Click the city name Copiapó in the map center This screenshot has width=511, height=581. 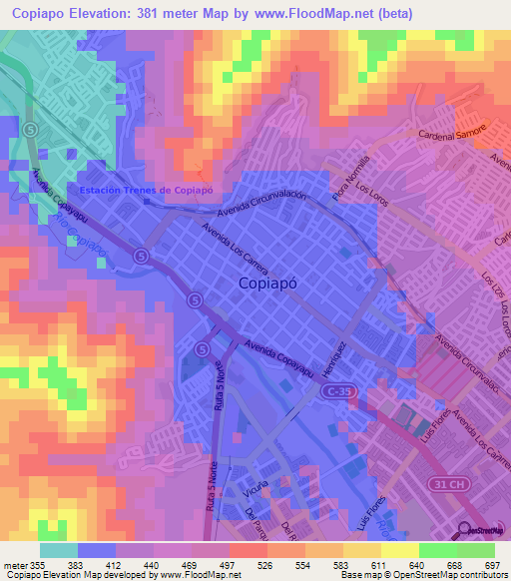(x=273, y=283)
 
